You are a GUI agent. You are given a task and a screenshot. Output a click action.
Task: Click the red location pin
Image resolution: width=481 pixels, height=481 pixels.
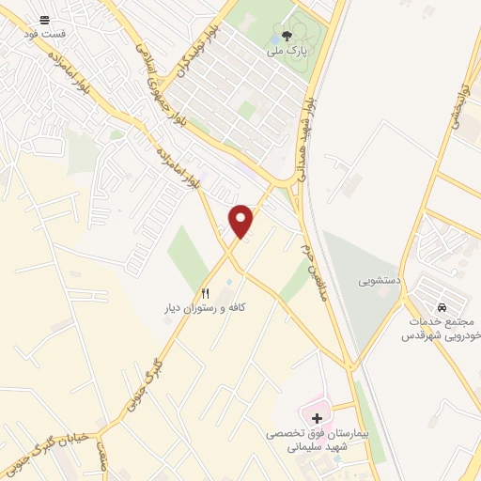pyautogui.click(x=241, y=221)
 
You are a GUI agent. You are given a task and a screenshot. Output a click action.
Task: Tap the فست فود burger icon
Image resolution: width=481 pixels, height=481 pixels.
pyautogui.click(x=44, y=20)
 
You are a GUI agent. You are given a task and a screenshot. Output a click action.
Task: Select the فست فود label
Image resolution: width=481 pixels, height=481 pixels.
pyautogui.click(x=44, y=34)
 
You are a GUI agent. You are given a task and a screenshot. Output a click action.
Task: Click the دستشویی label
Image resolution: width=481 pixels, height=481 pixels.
pyautogui.click(x=376, y=281)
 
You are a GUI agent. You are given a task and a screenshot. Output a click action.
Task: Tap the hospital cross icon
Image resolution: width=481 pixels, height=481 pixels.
pyautogui.click(x=316, y=416)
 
